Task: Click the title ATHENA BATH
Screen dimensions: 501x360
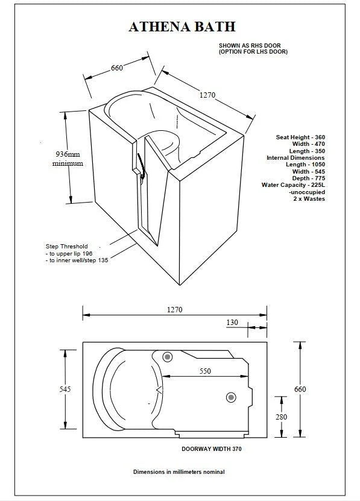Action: tap(182, 27)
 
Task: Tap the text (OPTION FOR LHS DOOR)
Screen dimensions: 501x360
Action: tap(253, 52)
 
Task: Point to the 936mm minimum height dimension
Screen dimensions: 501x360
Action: tap(67, 159)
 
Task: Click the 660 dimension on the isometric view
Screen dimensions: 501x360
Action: tap(117, 68)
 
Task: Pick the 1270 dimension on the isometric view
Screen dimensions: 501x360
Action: tap(207, 95)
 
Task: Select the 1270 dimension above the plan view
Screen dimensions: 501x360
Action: tap(174, 309)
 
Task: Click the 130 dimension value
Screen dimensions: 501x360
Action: tap(232, 323)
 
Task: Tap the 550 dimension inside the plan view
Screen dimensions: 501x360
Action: tap(205, 371)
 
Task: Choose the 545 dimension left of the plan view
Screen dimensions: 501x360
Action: tap(65, 389)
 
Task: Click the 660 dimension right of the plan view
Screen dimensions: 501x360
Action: tap(300, 389)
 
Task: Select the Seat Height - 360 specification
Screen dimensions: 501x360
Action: tap(300, 137)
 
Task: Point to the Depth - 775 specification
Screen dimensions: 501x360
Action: tap(309, 178)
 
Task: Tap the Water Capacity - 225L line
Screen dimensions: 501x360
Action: tap(293, 185)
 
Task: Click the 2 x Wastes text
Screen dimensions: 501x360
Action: tap(309, 199)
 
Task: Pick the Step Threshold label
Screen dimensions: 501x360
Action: tap(66, 247)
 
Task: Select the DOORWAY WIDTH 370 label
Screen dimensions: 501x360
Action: tap(212, 449)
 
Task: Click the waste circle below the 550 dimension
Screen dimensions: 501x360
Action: tap(231, 397)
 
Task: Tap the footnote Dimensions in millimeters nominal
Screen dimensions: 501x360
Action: tap(179, 472)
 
